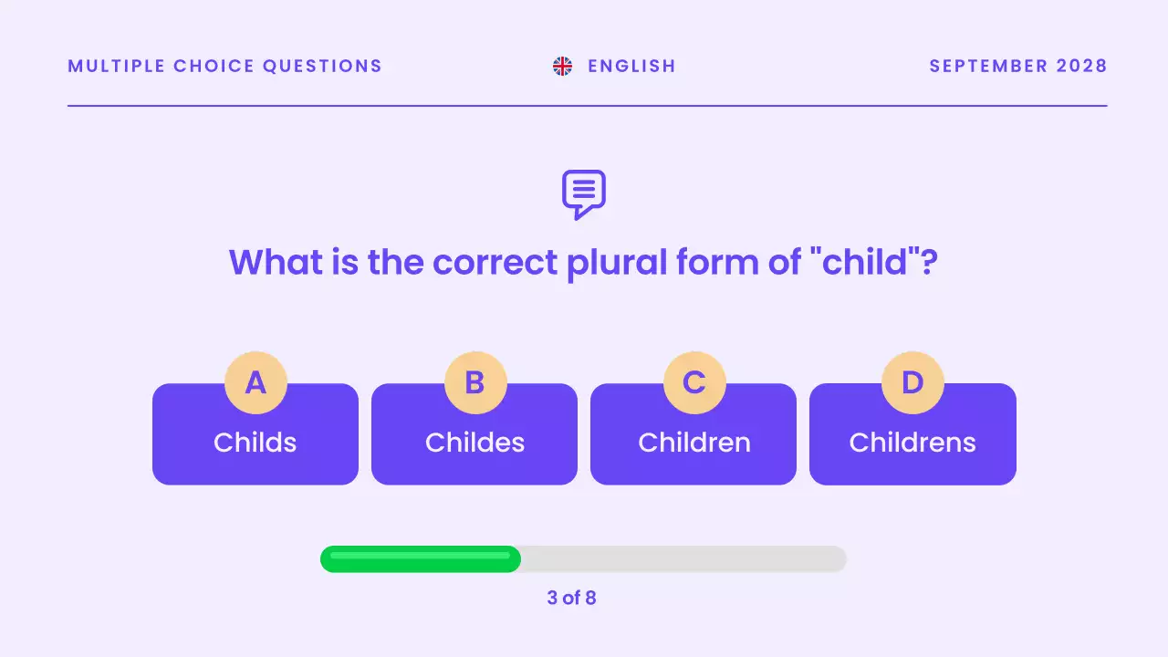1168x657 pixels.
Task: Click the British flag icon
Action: click(x=562, y=66)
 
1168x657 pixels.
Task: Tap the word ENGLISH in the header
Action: click(x=631, y=66)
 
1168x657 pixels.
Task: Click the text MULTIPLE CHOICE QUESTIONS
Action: click(x=224, y=66)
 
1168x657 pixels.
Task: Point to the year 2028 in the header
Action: click(x=1081, y=66)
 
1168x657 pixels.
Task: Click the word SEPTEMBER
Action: click(x=988, y=66)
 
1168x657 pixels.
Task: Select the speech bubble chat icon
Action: click(x=584, y=193)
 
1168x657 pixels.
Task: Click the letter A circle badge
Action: click(x=255, y=382)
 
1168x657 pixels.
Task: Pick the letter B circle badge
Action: click(x=474, y=382)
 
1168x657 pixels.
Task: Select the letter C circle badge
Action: click(x=694, y=382)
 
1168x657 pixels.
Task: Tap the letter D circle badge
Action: click(x=912, y=382)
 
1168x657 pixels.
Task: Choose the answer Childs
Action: click(x=255, y=443)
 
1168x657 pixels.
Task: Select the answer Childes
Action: click(x=474, y=443)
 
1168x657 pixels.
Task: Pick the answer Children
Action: click(x=693, y=443)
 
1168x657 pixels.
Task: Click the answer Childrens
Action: click(x=912, y=443)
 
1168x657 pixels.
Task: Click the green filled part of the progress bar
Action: click(x=420, y=559)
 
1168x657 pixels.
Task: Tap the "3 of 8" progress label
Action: click(x=571, y=599)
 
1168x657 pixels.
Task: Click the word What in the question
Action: click(x=276, y=262)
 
